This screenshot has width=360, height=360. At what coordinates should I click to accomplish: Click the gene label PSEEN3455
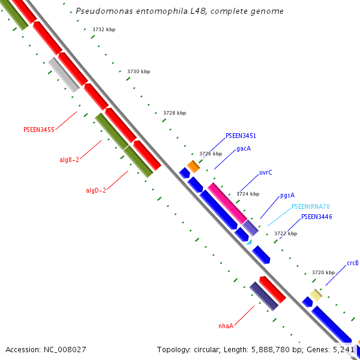pyautogui.click(x=38, y=129)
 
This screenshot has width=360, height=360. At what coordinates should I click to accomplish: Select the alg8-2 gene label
pyautogui.click(x=69, y=160)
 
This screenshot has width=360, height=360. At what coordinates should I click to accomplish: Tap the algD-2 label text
pyautogui.click(x=96, y=190)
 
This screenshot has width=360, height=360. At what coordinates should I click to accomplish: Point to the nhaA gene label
pyautogui.click(x=226, y=326)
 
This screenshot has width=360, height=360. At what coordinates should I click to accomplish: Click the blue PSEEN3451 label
pyautogui.click(x=241, y=136)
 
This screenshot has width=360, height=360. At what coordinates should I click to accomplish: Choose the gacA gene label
pyautogui.click(x=244, y=148)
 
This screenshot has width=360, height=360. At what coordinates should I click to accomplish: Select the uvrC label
pyautogui.click(x=266, y=172)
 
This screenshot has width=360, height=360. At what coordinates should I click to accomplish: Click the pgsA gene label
pyautogui.click(x=287, y=196)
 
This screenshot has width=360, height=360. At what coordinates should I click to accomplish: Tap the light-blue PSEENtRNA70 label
pyautogui.click(x=311, y=206)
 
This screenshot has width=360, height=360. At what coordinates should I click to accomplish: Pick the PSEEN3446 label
pyautogui.click(x=316, y=217)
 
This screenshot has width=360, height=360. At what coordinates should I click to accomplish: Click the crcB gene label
pyautogui.click(x=353, y=263)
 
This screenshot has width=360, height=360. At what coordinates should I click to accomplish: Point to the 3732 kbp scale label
pyautogui.click(x=104, y=29)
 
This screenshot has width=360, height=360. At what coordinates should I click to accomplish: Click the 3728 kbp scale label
pyautogui.click(x=175, y=113)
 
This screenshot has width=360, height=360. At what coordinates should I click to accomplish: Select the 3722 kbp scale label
pyautogui.click(x=286, y=233)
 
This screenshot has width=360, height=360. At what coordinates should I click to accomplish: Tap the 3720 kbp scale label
pyautogui.click(x=323, y=272)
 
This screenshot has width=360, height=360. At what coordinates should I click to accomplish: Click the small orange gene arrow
pyautogui.click(x=193, y=166)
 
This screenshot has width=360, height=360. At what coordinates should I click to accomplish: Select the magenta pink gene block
pyautogui.click(x=227, y=203)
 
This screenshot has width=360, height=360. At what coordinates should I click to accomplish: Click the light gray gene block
pyautogui.click(x=64, y=74)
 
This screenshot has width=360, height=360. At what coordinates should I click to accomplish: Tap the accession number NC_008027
pyautogui.click(x=46, y=349)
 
